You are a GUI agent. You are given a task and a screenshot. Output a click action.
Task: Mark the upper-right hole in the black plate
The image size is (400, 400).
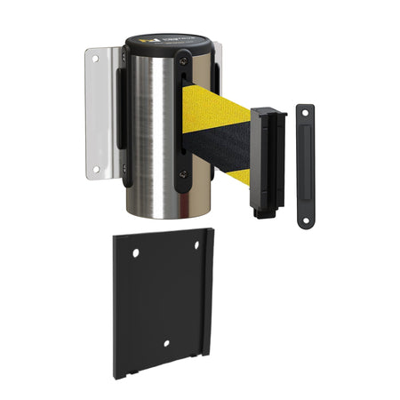pyautogui.click(x=196, y=248)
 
